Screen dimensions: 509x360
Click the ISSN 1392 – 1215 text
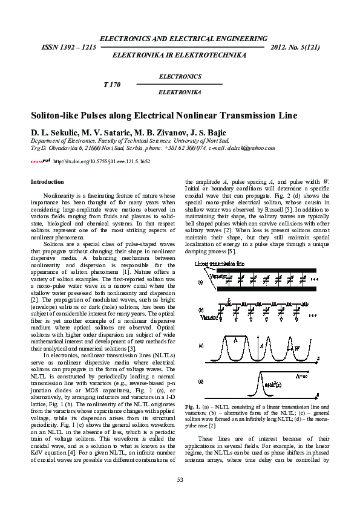pyautogui.click(x=68, y=47)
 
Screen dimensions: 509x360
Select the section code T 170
pyautogui.click(x=113, y=85)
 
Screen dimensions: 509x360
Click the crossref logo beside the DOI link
pyautogui.click(x=41, y=161)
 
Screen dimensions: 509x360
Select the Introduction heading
pyautogui.click(x=47, y=182)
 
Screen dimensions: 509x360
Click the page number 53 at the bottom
pyautogui.click(x=180, y=479)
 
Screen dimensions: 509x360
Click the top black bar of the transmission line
pyautogui.click(x=266, y=271)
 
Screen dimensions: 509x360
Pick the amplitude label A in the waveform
pyautogui.click(x=261, y=346)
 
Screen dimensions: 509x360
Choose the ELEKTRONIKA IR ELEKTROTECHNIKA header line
pyautogui.click(x=180, y=55)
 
